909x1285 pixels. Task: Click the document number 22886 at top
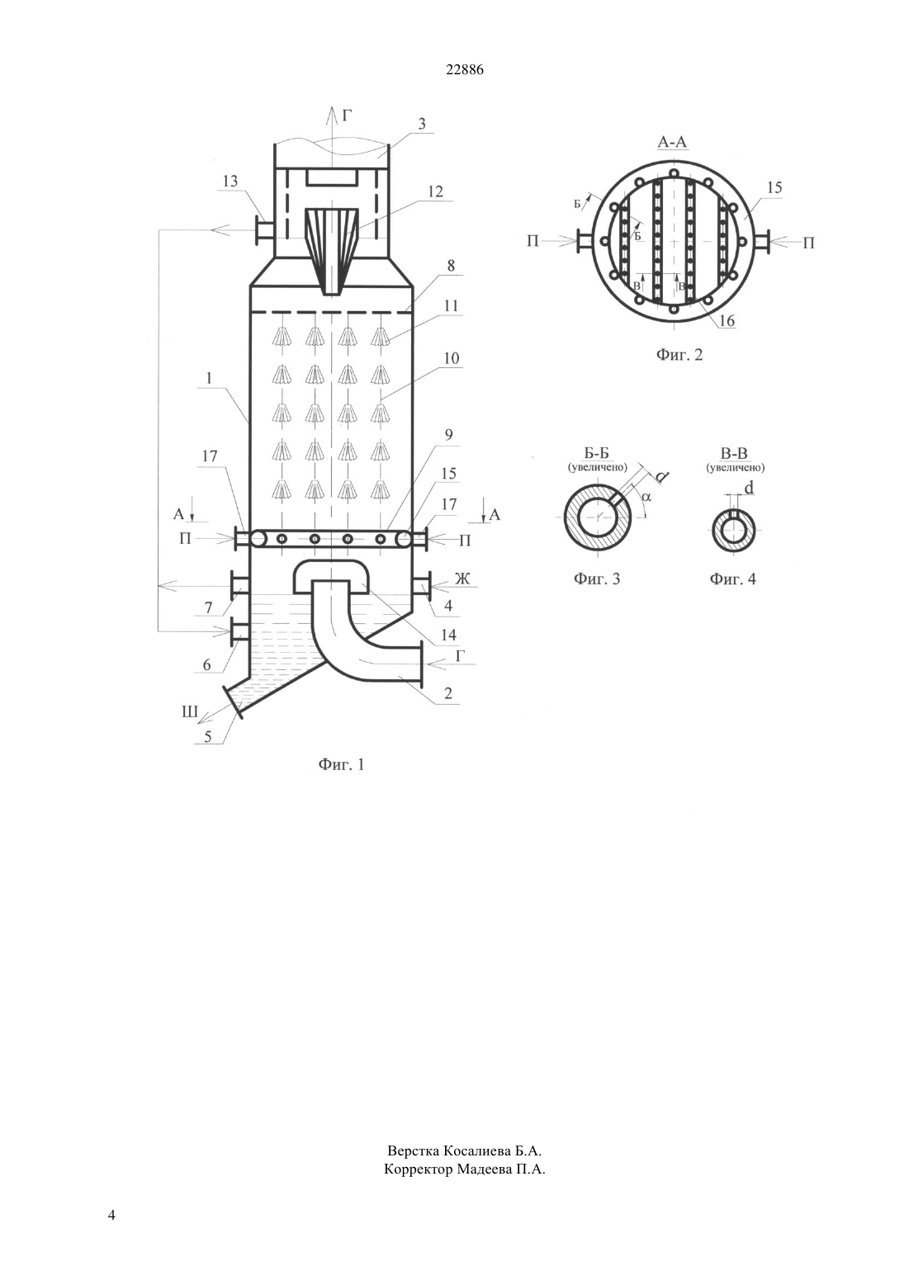[465, 69]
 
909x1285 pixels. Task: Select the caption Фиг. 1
[341, 765]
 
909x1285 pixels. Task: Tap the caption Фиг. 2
[679, 355]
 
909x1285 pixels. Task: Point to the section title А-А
[672, 142]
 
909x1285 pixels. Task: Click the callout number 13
[230, 182]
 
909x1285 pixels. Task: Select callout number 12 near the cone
[436, 191]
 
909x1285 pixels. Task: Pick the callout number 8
[451, 266]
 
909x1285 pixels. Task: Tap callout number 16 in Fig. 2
[727, 320]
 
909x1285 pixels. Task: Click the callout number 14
[448, 635]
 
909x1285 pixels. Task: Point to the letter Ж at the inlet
[462, 579]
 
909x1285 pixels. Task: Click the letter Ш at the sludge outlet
[189, 712]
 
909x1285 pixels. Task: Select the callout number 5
[208, 736]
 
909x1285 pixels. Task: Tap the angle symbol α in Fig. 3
[646, 496]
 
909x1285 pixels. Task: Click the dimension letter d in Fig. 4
[748, 489]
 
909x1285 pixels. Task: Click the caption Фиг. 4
[733, 579]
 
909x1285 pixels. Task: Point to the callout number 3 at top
[422, 124]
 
